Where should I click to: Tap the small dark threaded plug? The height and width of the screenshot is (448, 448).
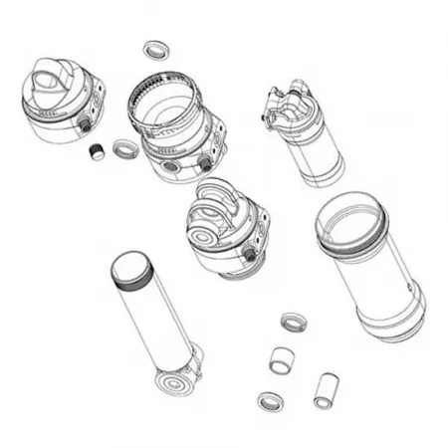[x=98, y=151]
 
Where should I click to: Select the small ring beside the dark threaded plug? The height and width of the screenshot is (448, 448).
[x=125, y=150]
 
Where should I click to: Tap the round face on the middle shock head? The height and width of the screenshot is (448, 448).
[x=211, y=237]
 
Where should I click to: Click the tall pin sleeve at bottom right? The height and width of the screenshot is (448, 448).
[x=324, y=389]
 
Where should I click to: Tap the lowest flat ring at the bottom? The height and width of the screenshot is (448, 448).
[x=269, y=401]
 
